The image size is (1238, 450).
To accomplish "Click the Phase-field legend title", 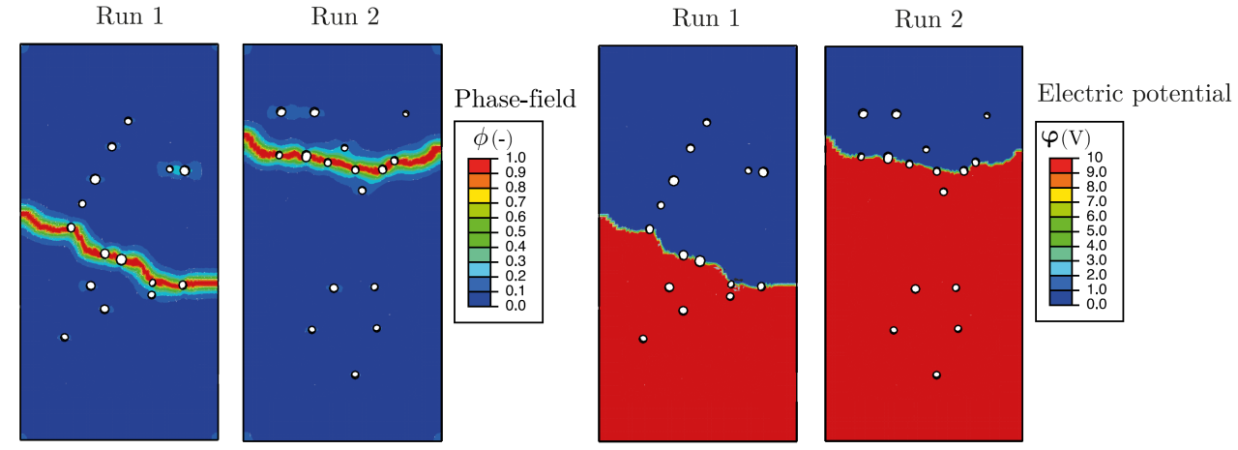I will [515, 98].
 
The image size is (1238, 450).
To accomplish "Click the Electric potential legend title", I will [1134, 94].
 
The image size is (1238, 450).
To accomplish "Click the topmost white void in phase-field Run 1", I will [128, 121].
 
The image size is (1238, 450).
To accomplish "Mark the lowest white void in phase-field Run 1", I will [65, 337].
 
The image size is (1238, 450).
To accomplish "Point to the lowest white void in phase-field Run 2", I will [355, 375].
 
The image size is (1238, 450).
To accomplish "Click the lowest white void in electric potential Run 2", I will [936, 375].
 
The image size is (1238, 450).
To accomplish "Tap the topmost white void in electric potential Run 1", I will [707, 122].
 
